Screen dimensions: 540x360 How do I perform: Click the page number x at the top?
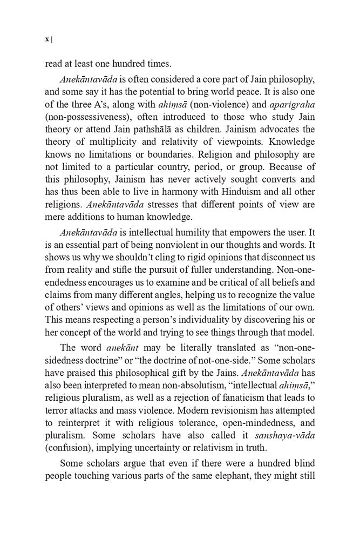coord(47,39)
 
